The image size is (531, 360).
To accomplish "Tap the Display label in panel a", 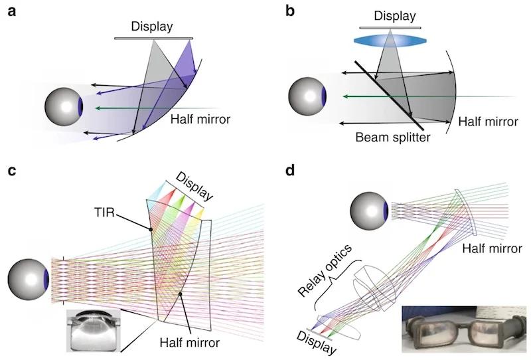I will [x=152, y=27].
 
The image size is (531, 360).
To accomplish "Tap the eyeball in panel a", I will [x=64, y=106].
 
